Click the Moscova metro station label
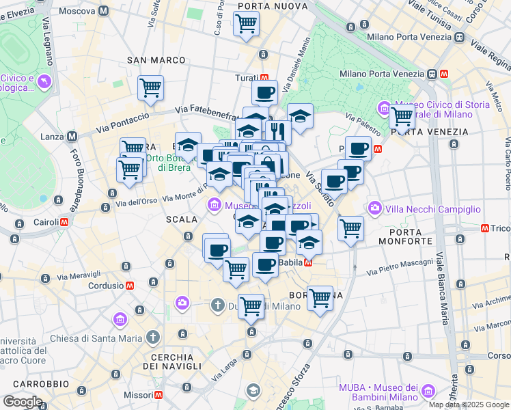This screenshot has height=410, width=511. tap(77, 11)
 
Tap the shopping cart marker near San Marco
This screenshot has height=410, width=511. tap(150, 87)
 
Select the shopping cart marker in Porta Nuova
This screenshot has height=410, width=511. tap(246, 23)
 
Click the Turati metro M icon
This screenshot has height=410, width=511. tap(263, 77)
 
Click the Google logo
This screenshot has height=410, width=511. tap(22, 402)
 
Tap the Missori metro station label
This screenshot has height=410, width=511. tap(139, 395)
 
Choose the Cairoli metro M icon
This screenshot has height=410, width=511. tap(64, 222)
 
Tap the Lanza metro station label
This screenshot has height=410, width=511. tap(52, 137)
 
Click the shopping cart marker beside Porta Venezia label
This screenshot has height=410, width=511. tap(402, 117)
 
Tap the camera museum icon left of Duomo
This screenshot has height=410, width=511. tap(182, 302)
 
